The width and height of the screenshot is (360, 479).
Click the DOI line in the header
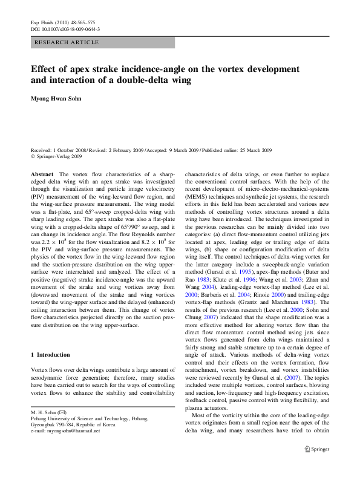tap(65, 29)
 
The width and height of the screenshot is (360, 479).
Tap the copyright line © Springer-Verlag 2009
tap(59, 156)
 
